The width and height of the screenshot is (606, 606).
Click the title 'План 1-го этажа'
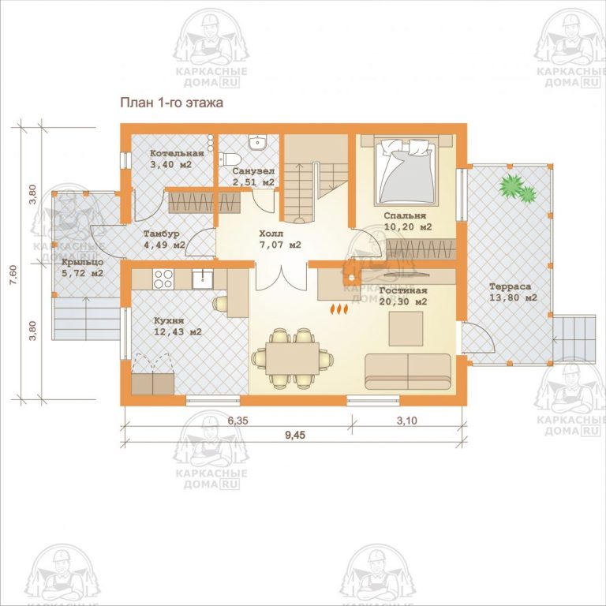pyautogui.click(x=171, y=103)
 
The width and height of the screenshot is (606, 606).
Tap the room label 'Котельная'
pyautogui.click(x=177, y=153)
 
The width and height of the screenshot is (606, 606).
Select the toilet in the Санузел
pyautogui.click(x=230, y=158)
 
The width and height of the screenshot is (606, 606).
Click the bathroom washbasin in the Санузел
pyautogui.click(x=256, y=142)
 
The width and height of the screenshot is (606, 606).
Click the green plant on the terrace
pyautogui.click(x=518, y=189)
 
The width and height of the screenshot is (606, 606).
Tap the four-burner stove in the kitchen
pyautogui.click(x=163, y=279)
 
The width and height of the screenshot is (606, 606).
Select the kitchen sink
pyautogui.click(x=202, y=279)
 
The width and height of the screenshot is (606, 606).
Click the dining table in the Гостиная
pyautogui.click(x=293, y=358)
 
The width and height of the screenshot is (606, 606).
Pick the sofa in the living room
pyautogui.click(x=408, y=372)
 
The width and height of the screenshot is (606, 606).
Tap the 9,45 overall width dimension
pyautogui.click(x=295, y=436)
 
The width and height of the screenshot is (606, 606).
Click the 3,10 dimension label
pyautogui.click(x=407, y=421)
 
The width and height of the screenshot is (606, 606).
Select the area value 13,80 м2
pyautogui.click(x=513, y=298)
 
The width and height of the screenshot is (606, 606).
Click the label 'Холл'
pyautogui.click(x=271, y=234)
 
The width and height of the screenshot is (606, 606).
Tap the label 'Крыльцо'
pyautogui.click(x=82, y=262)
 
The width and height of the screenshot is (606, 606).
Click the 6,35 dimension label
pyautogui.click(x=238, y=421)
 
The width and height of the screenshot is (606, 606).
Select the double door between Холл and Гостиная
pyautogui.click(x=282, y=278)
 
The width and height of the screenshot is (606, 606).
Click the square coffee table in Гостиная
pyautogui.click(x=406, y=329)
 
